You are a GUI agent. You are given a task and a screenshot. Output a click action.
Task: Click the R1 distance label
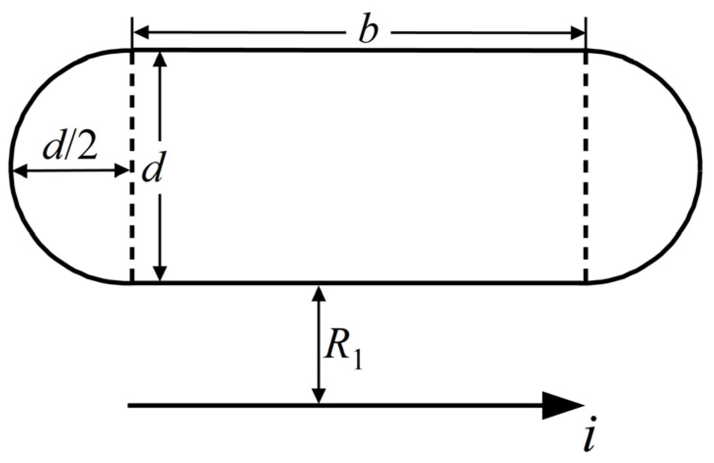343,349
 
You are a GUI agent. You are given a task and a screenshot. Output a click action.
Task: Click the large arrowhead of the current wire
562,405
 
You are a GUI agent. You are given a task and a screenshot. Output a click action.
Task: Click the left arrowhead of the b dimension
141,33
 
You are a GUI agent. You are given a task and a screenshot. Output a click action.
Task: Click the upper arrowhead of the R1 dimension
319,293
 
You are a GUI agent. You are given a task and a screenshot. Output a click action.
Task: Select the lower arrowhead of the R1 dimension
319,396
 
